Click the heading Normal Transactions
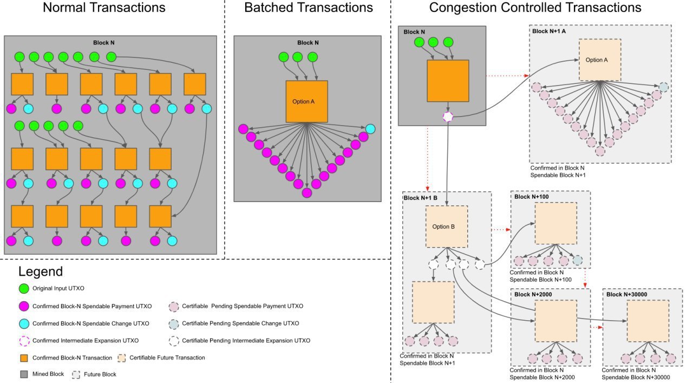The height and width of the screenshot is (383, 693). pos(104,8)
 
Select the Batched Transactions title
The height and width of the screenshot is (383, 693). pos(309,8)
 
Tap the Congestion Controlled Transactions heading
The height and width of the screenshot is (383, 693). pos(535,8)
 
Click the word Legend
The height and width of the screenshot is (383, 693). pos(41,272)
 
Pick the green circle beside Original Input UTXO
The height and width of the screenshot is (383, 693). pos(23,288)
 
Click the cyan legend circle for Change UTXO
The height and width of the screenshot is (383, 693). pos(23,323)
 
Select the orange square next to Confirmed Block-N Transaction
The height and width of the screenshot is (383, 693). pos(23,358)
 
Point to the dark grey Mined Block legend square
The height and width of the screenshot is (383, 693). pos(23,374)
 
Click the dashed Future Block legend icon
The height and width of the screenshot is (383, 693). pos(76,374)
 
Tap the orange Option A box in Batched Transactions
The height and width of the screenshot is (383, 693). pos(306,101)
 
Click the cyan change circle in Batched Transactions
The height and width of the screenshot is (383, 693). pos(370,128)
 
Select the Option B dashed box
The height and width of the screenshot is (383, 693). pos(446,226)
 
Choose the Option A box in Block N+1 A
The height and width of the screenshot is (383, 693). pos(600,60)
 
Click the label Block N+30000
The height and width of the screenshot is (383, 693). pos(627,294)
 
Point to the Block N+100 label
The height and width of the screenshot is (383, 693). pos(531,197)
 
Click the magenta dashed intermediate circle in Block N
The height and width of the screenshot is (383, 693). pos(448,116)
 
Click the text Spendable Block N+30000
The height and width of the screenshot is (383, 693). pos(636,377)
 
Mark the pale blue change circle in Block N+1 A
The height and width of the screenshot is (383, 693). pos(664,87)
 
